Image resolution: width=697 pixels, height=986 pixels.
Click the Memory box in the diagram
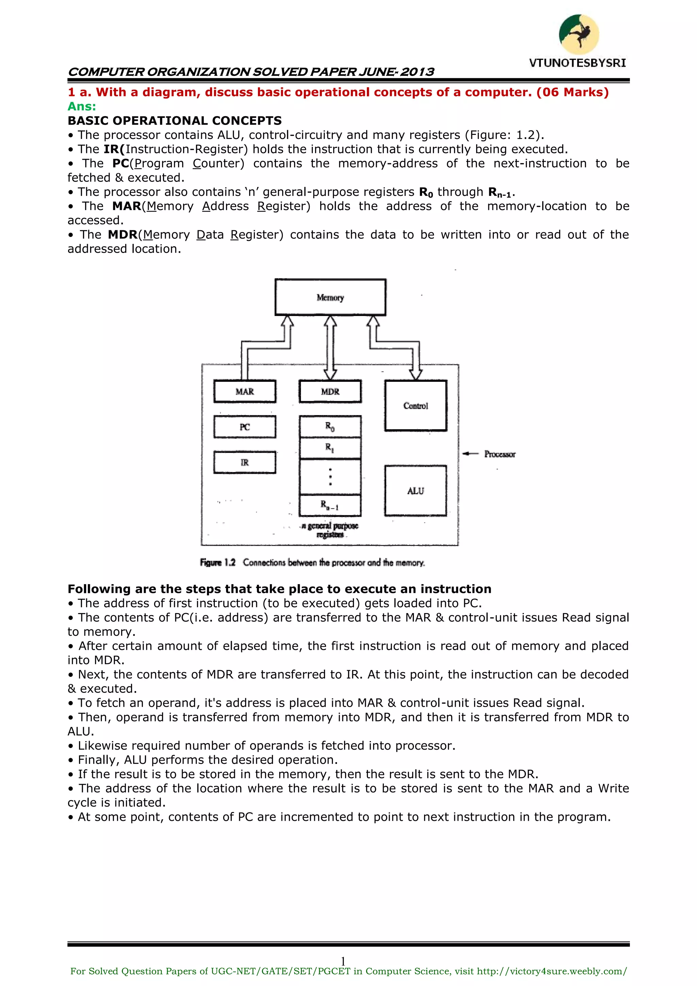click(x=330, y=297)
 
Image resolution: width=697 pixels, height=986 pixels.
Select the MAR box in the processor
click(x=245, y=391)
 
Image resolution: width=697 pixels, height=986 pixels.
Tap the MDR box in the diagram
click(x=330, y=391)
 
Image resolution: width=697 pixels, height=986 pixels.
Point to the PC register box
click(x=245, y=427)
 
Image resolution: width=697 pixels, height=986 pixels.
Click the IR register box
click(x=245, y=463)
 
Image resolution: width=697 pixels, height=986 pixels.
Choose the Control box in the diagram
click(x=416, y=405)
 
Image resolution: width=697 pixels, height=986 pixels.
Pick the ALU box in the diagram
click(x=416, y=490)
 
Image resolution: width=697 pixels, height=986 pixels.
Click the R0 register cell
click(x=330, y=426)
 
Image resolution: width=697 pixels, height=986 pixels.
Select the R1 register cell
click(x=330, y=448)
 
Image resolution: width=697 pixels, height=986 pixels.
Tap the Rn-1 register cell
click(x=330, y=505)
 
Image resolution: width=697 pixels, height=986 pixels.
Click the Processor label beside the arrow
click(x=500, y=454)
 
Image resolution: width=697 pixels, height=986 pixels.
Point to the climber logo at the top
click(x=579, y=34)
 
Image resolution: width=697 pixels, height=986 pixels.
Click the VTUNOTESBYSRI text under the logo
click(x=577, y=63)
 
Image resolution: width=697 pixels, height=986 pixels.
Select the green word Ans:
click(x=82, y=107)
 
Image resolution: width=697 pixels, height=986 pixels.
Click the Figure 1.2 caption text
click(x=312, y=563)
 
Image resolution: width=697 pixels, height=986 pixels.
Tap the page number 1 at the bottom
click(x=343, y=961)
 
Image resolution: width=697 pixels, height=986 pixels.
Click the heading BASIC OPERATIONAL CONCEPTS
click(x=175, y=121)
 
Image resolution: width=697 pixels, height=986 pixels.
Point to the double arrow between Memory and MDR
click(x=330, y=348)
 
